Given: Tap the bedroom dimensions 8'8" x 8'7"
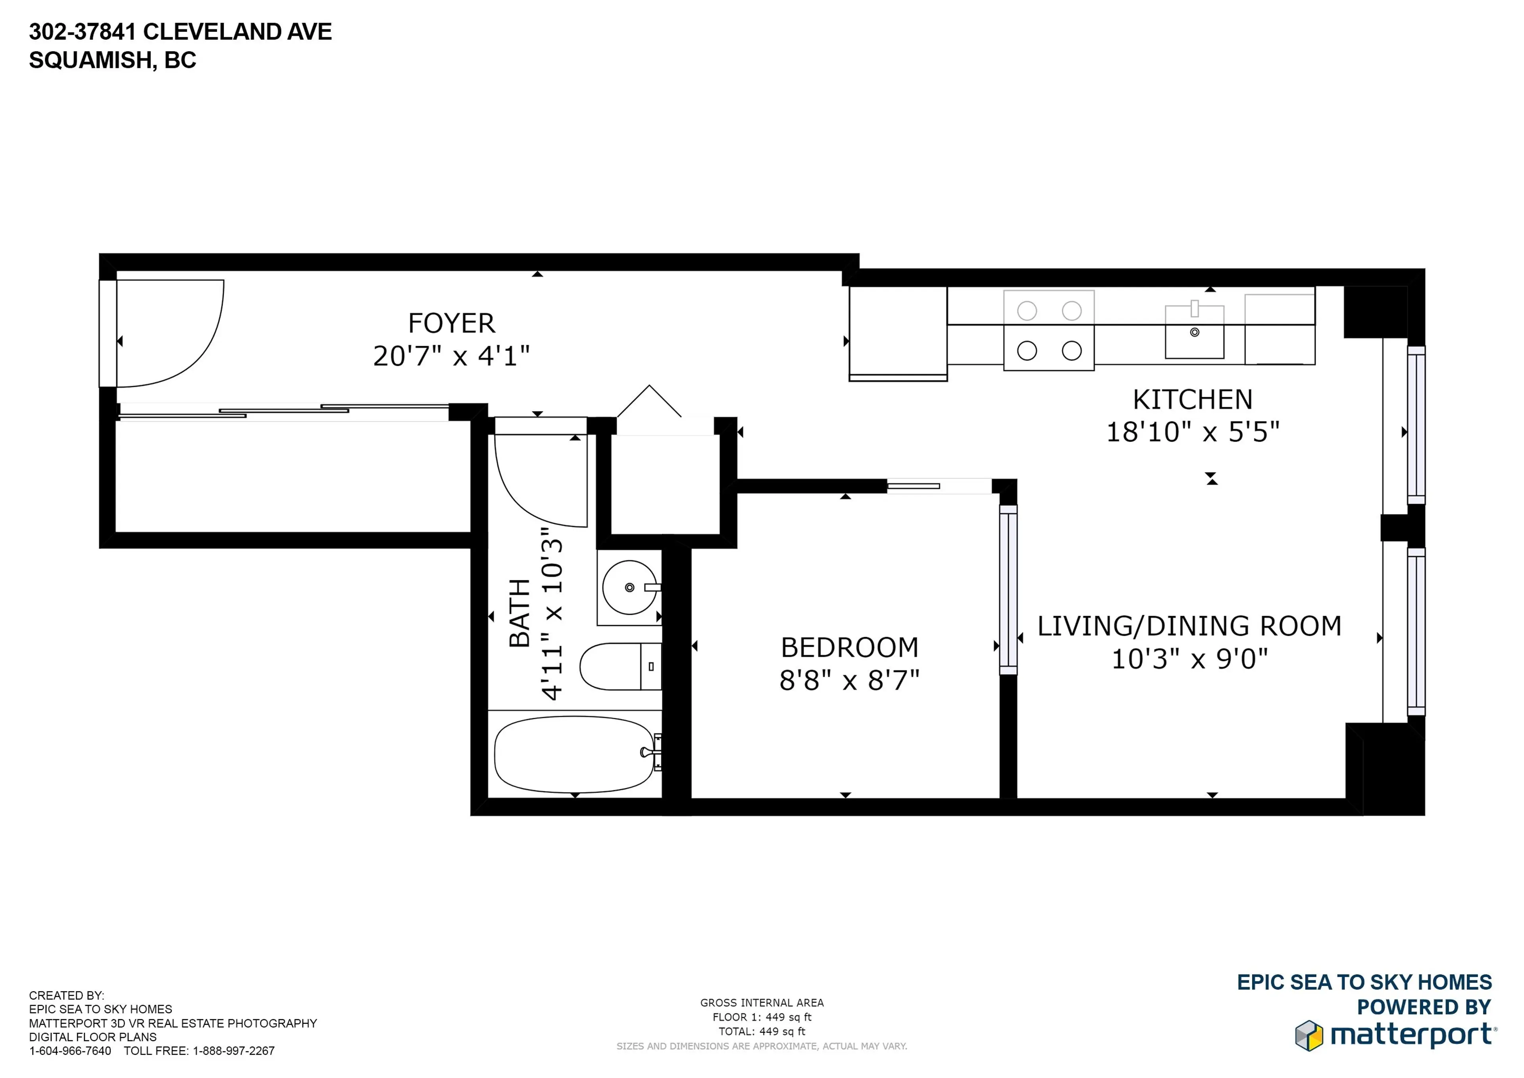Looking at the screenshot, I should [849, 680].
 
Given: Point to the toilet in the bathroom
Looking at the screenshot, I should [619, 666].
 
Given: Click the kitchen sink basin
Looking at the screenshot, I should [1194, 332].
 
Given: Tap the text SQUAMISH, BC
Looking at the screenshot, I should [112, 60].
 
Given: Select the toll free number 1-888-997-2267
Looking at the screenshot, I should [234, 1051].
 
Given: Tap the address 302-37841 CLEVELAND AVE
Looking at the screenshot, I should [180, 32].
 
